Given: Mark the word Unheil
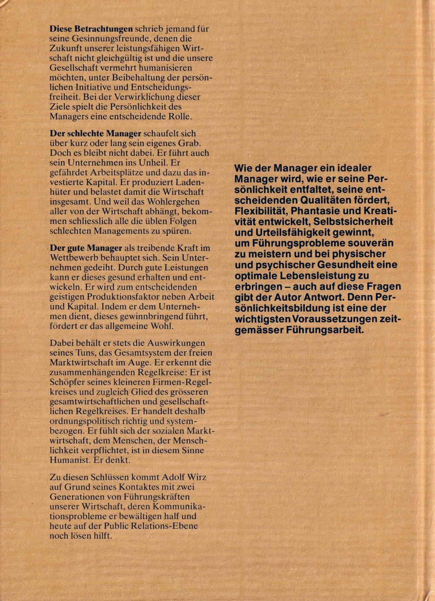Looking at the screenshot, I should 150,163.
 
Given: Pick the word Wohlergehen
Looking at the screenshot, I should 171,202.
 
